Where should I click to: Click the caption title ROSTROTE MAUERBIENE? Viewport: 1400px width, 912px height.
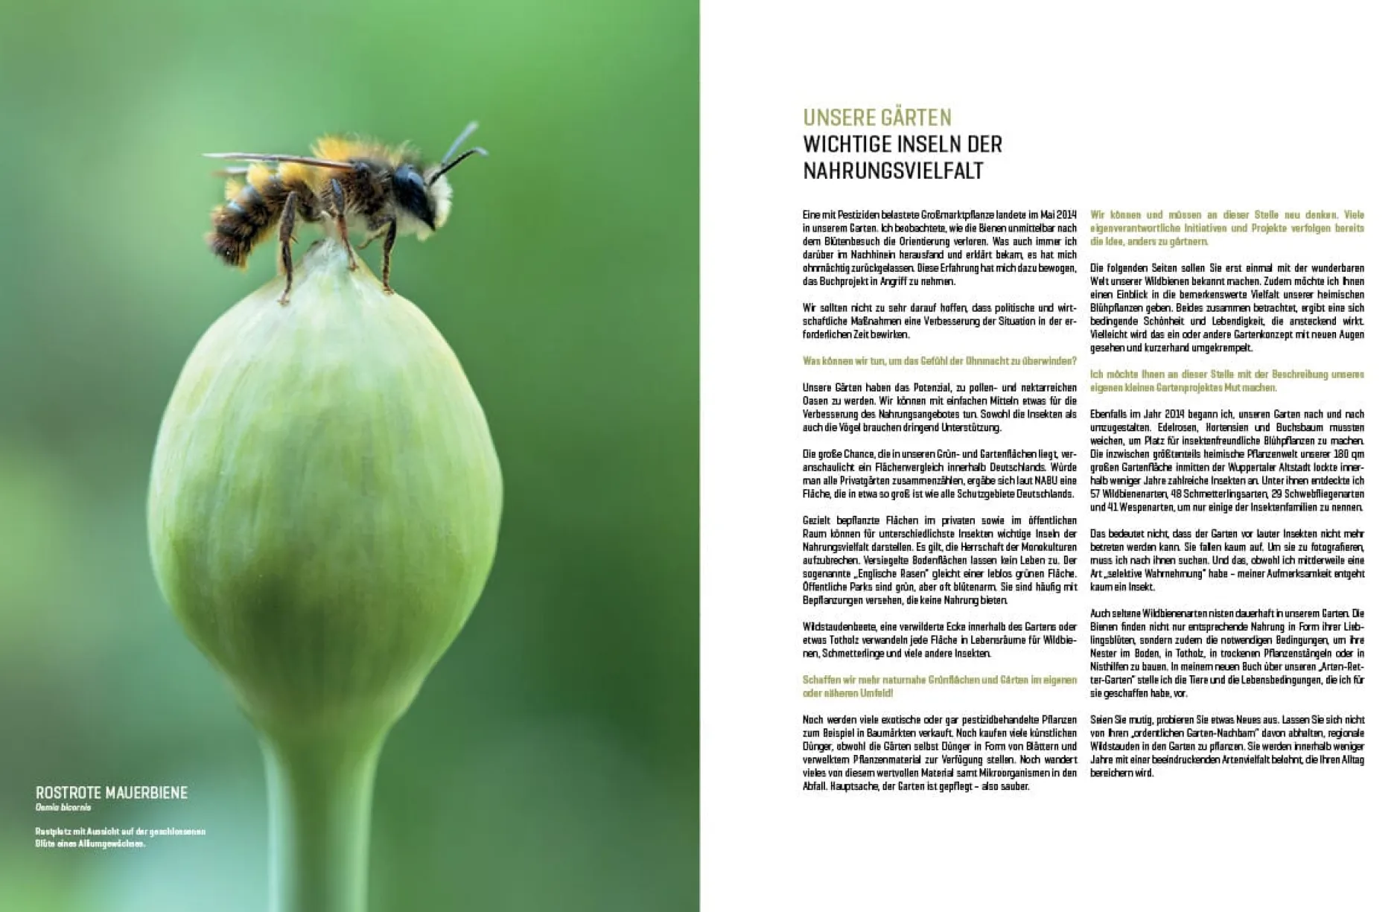click(112, 792)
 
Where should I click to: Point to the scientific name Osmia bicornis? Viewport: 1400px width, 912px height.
click(63, 807)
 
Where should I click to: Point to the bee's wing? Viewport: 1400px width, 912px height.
click(276, 159)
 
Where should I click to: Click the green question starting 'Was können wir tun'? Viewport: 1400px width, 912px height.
click(939, 361)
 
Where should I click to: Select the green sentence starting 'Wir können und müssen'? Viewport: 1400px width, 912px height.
click(1226, 228)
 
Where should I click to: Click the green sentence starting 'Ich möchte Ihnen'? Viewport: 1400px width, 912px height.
click(1226, 381)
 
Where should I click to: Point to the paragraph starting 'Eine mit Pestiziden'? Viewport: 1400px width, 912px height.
click(939, 248)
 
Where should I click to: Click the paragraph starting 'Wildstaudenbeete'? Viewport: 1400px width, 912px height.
click(939, 640)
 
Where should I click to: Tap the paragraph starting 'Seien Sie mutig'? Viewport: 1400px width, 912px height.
click(1226, 746)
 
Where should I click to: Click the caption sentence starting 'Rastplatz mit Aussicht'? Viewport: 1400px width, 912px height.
click(119, 838)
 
